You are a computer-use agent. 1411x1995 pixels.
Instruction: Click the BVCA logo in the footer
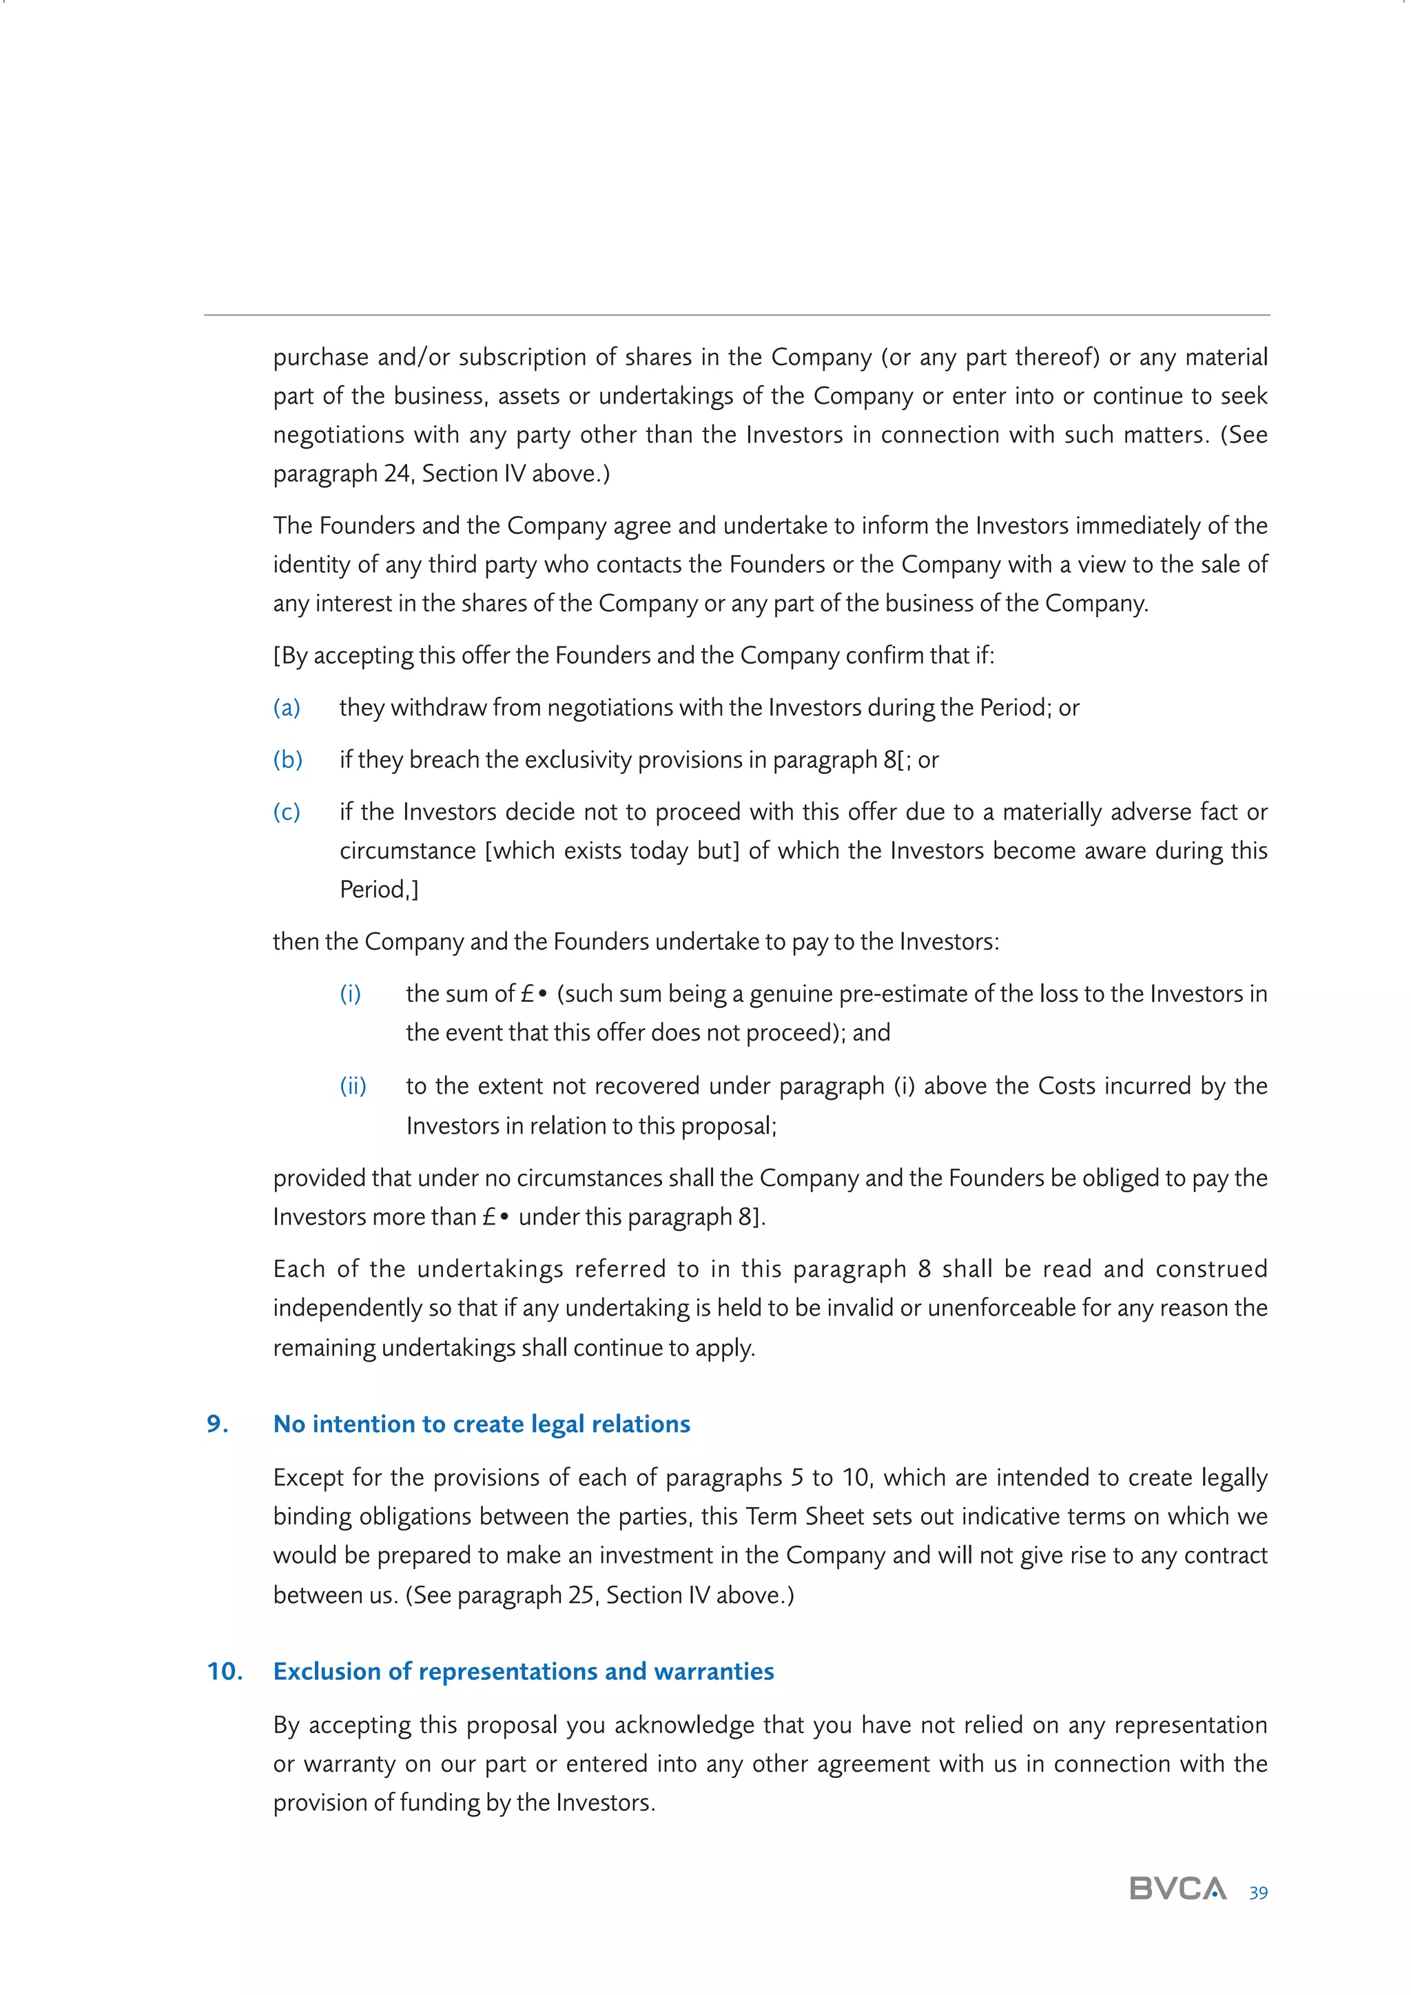pos(1177,1888)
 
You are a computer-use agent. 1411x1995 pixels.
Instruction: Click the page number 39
pos(1257,1892)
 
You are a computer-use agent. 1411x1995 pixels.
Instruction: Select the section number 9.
pos(217,1424)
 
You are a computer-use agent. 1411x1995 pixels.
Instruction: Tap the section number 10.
pos(224,1671)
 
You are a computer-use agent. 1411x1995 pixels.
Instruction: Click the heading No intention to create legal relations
pos(482,1424)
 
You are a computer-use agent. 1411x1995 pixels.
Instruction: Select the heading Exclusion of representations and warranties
pos(523,1671)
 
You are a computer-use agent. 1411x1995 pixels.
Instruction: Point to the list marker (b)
pos(287,759)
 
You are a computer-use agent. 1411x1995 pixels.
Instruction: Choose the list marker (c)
pos(287,812)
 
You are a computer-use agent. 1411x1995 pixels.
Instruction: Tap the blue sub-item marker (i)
pos(350,993)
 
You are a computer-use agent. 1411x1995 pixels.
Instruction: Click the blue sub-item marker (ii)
pos(353,1086)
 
